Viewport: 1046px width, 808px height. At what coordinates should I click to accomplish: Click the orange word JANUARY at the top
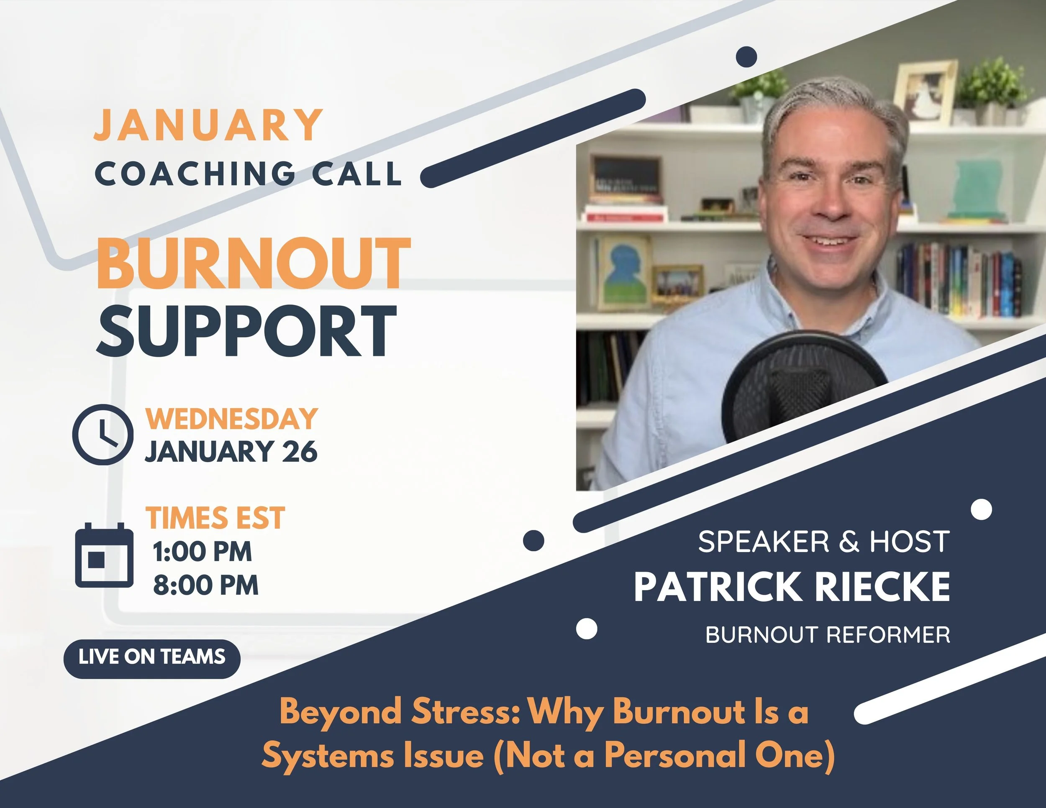(208, 125)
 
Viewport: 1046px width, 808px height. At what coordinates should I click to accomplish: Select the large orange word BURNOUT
(254, 264)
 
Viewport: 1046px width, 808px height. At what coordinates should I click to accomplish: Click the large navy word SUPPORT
(247, 331)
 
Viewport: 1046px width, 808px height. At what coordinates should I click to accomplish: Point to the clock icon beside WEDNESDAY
(103, 434)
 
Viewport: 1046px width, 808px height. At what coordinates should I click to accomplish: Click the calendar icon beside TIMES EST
(105, 555)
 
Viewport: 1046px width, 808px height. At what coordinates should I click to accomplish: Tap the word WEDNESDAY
(231, 419)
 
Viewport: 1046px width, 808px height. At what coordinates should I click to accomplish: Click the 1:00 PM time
(202, 552)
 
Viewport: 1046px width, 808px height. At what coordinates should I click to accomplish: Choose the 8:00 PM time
(205, 585)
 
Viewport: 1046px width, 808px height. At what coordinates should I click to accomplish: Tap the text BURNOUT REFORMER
(828, 635)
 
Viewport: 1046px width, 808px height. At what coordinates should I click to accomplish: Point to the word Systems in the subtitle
(325, 756)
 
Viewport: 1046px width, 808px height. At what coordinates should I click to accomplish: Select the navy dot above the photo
(746, 57)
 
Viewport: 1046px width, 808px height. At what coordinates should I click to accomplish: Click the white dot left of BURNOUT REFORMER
(586, 628)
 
